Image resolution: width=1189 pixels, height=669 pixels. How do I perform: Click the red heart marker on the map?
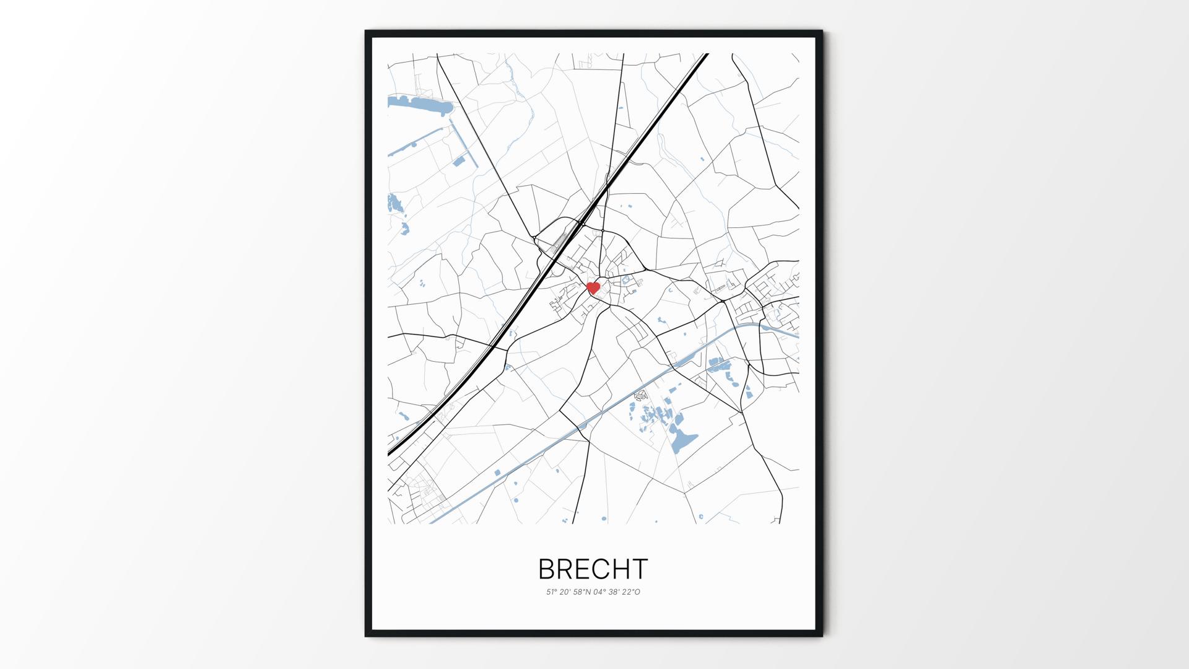(593, 287)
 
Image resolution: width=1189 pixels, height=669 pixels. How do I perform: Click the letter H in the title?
(624, 569)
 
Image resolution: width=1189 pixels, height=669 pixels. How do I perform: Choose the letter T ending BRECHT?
(641, 569)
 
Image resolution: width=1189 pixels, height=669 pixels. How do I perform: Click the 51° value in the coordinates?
(551, 592)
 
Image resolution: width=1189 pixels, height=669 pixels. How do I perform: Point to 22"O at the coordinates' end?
(632, 592)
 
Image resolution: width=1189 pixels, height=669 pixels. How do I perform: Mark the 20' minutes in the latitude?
(565, 592)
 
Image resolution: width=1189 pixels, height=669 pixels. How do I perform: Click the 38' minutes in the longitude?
(615, 592)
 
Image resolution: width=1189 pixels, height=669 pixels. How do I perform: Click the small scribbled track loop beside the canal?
(641, 394)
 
